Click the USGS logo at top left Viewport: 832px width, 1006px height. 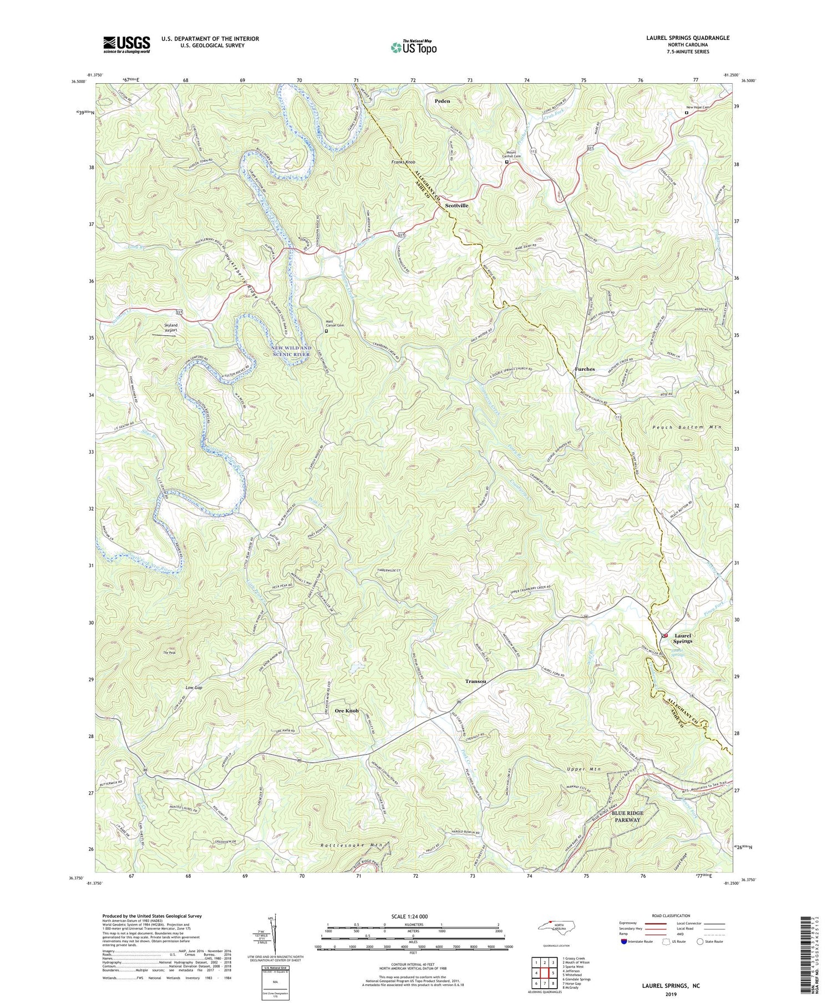tap(126, 44)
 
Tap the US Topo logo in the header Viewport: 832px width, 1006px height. tap(413, 48)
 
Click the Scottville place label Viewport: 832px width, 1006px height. tap(456, 205)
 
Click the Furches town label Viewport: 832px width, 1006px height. tap(585, 369)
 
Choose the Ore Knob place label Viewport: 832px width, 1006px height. tap(347, 711)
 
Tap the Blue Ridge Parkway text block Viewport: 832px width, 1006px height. tap(625, 817)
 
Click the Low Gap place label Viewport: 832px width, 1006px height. tap(194, 687)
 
